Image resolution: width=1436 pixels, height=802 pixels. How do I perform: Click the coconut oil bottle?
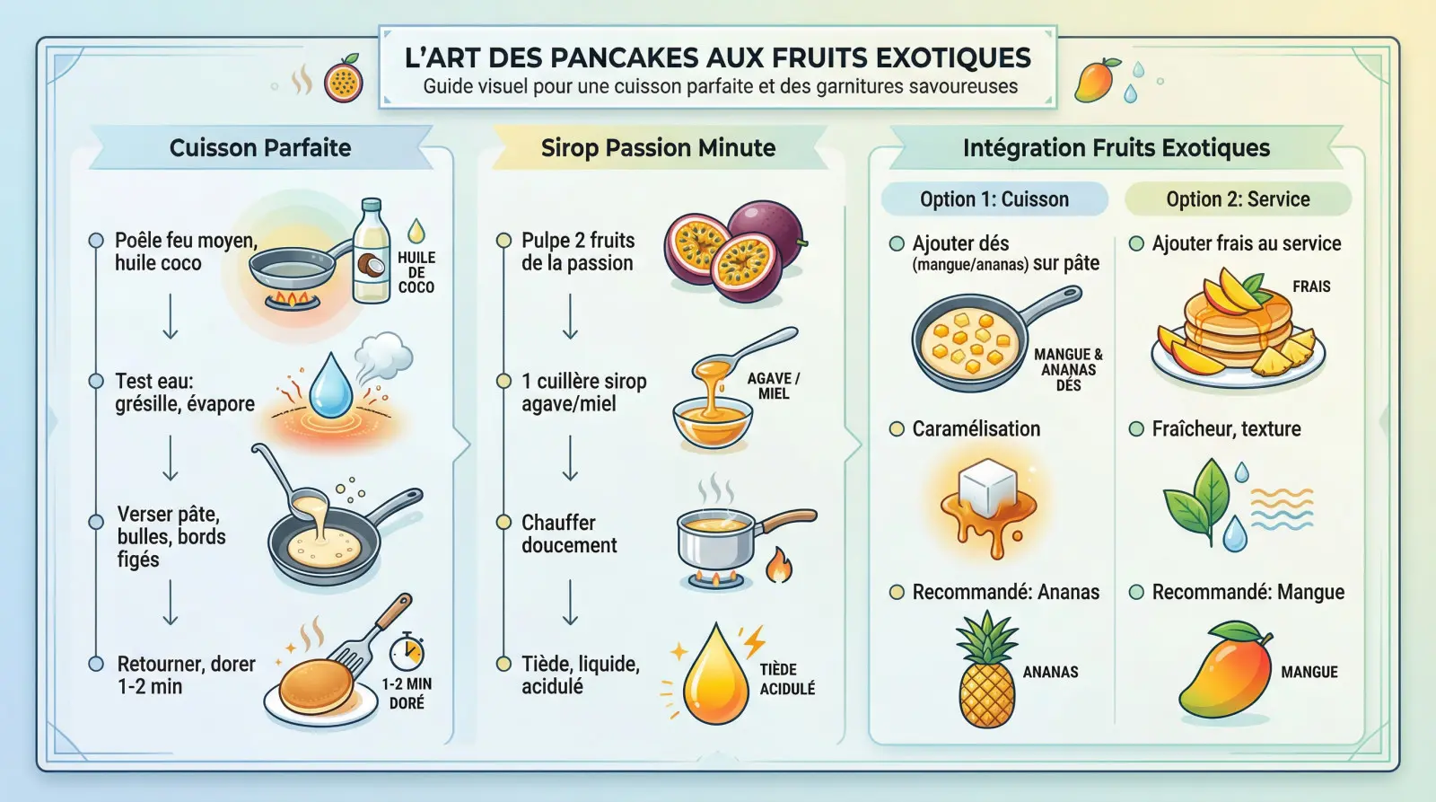pyautogui.click(x=372, y=251)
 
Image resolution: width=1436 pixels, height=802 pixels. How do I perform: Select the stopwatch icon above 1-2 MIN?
pyautogui.click(x=407, y=651)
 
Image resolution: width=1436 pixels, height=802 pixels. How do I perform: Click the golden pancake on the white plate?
pyautogui.click(x=316, y=688)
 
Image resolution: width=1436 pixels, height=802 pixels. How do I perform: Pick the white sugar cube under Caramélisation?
pyautogui.click(x=987, y=487)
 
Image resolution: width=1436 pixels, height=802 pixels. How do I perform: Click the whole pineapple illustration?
pyautogui.click(x=986, y=668)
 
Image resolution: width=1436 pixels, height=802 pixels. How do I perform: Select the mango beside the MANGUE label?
pyautogui.click(x=1225, y=669)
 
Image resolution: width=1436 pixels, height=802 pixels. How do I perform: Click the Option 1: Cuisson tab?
pyautogui.click(x=994, y=198)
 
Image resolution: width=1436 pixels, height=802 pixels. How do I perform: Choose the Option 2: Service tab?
pyautogui.click(x=1238, y=198)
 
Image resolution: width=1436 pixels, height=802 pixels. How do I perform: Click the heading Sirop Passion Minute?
pyautogui.click(x=658, y=147)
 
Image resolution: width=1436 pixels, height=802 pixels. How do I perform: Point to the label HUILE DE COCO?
pyautogui.click(x=416, y=272)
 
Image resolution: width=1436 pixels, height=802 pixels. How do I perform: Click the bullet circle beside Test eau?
pyautogui.click(x=96, y=381)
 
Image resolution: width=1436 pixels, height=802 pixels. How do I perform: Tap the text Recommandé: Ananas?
pyautogui.click(x=1006, y=592)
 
